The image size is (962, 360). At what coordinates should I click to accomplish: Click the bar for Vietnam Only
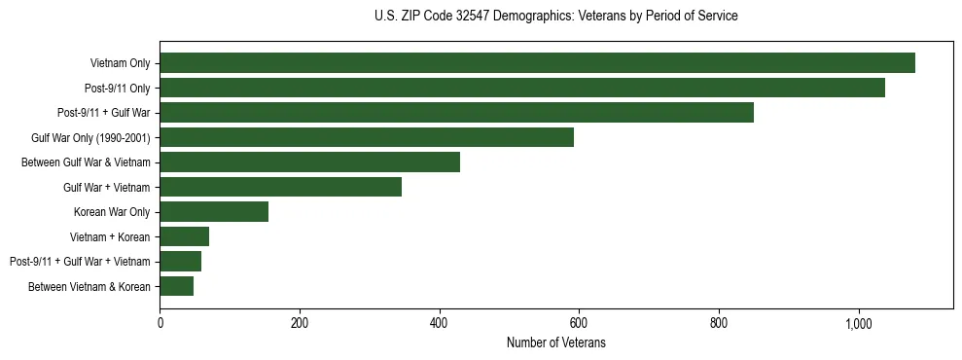point(537,63)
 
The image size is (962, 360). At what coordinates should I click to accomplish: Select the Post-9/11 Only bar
point(522,88)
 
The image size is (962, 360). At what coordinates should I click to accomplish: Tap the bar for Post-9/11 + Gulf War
point(456,113)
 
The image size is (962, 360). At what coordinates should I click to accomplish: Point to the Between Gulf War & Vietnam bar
point(309,162)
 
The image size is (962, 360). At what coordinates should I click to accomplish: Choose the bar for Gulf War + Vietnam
point(280,187)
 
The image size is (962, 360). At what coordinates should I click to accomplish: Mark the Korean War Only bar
point(214,212)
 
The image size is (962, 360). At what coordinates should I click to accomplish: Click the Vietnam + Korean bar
point(184,236)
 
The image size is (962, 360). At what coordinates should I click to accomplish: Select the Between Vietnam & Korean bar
point(176,286)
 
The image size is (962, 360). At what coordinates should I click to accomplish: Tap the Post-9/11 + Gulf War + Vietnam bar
point(180,262)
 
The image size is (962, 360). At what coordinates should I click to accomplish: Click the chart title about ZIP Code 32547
point(555,16)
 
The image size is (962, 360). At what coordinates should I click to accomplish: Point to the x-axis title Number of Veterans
point(555,342)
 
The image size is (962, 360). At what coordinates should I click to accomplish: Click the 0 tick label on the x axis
point(160,322)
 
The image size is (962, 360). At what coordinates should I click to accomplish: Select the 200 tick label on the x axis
point(300,322)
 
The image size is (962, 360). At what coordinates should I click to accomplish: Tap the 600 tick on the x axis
point(579,322)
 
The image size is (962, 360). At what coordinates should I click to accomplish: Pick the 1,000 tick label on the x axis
point(859,322)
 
